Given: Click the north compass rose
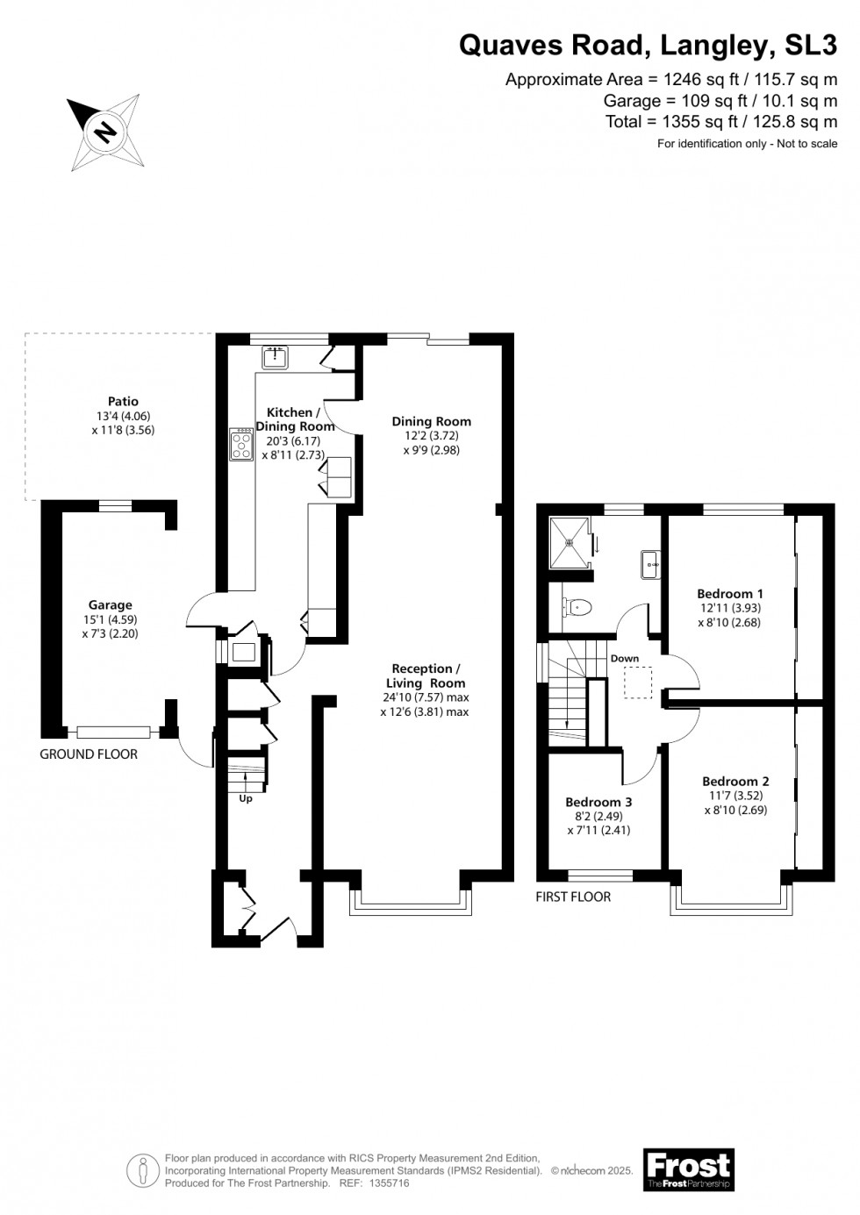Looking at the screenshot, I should (x=105, y=132).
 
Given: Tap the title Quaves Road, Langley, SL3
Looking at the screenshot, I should (x=649, y=46).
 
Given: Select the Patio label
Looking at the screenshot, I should (x=124, y=402).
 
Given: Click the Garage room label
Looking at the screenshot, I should (x=111, y=604).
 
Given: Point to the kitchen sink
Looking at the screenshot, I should (x=276, y=356).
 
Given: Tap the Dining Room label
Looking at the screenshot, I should (x=431, y=421).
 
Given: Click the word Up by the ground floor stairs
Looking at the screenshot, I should (x=246, y=798).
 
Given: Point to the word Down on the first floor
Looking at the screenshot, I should (x=625, y=658).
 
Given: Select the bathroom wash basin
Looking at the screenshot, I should (x=650, y=563).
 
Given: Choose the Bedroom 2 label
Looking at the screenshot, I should (x=735, y=781).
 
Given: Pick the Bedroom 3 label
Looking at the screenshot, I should (x=598, y=802).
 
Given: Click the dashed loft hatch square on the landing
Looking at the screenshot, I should (x=639, y=682).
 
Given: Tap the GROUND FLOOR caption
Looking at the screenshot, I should (x=89, y=754).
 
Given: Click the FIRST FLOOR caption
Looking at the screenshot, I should (x=573, y=897).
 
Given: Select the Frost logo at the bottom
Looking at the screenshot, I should (x=689, y=1169).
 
